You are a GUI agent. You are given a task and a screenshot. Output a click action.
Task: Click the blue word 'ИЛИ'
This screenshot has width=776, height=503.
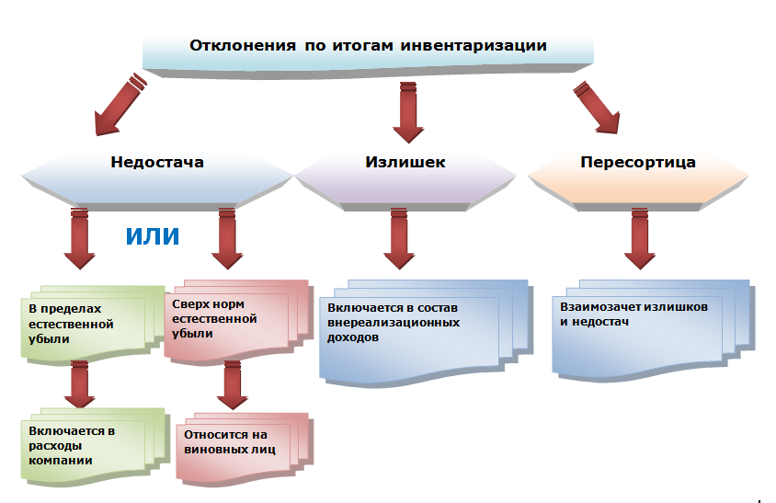tap(152, 236)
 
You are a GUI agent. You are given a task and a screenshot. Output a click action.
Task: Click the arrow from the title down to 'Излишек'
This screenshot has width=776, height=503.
tap(405, 106)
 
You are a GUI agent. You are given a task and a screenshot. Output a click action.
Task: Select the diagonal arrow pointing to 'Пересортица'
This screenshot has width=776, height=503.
tap(597, 106)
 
